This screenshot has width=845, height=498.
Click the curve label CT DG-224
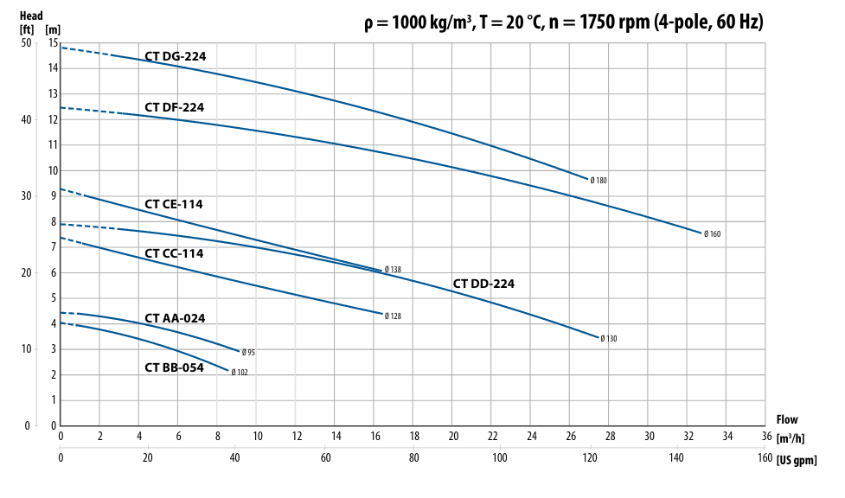click(175, 57)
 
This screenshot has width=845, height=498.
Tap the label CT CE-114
click(174, 204)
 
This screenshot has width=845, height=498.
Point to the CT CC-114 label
click(174, 254)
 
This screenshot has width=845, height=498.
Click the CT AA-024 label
click(175, 318)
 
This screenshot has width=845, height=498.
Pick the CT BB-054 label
click(174, 367)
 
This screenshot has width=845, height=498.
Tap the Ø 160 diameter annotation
click(712, 234)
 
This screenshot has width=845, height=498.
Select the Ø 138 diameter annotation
click(393, 270)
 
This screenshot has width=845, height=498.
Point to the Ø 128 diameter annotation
click(393, 316)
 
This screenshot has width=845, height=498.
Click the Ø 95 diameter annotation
click(248, 353)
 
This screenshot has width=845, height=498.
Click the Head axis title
click(31, 16)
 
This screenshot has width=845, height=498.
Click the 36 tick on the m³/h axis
click(766, 436)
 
